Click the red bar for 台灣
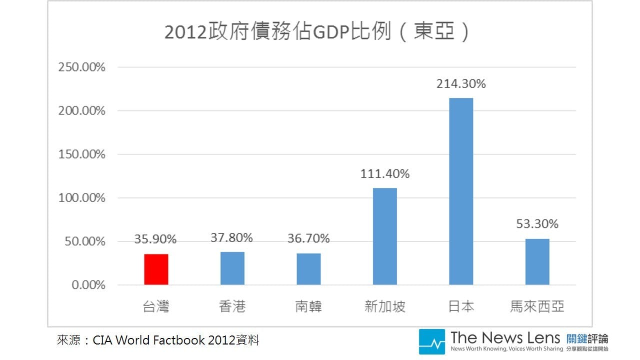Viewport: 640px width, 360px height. [x=156, y=269]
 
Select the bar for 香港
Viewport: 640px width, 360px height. [x=232, y=268]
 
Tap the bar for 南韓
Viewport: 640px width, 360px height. [x=308, y=269]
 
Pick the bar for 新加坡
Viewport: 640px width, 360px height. [x=385, y=236]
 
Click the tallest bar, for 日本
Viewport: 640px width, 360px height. [x=461, y=191]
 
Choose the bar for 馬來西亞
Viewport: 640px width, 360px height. [x=537, y=262]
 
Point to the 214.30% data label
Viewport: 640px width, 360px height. [x=461, y=84]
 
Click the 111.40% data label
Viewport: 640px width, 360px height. [x=385, y=174]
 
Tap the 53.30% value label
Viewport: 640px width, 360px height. [x=537, y=224]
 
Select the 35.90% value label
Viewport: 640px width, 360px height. [x=155, y=239]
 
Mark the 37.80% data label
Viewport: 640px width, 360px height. [x=231, y=238]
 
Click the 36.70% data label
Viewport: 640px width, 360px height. [x=308, y=239]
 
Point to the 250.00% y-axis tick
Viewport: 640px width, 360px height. [x=82, y=67]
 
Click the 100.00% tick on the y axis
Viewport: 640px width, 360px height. [x=82, y=198]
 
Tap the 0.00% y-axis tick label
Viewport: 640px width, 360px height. [x=88, y=285]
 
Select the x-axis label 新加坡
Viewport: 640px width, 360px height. [x=385, y=306]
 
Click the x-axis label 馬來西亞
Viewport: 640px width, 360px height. [x=537, y=306]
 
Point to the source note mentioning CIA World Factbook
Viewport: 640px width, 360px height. [x=158, y=340]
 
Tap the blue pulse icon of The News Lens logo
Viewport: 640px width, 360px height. [x=431, y=341]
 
